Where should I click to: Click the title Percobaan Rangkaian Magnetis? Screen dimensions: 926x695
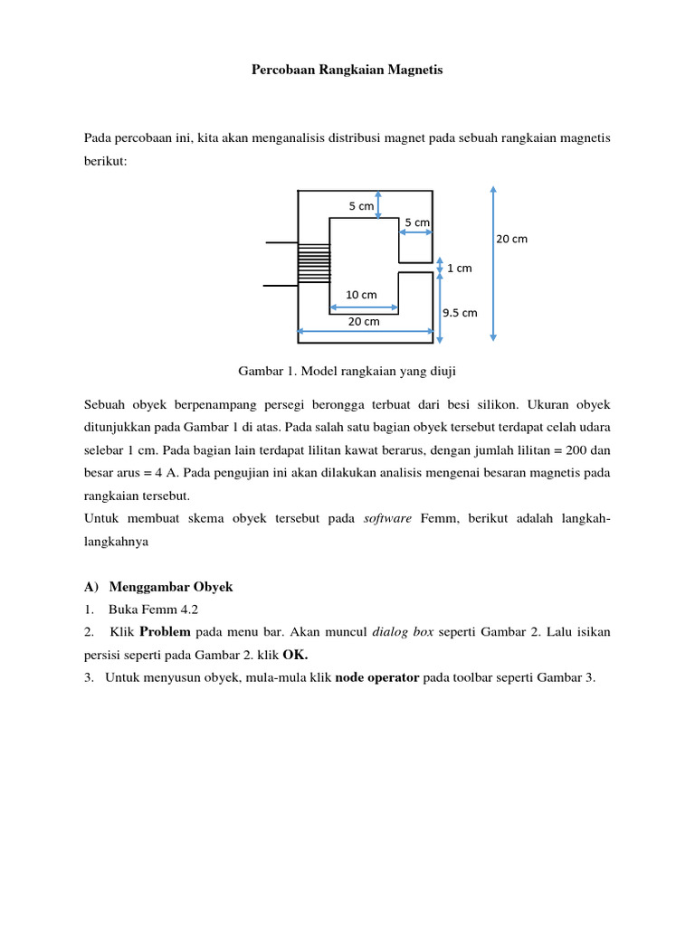[347, 70]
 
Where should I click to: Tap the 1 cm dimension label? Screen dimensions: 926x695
[460, 268]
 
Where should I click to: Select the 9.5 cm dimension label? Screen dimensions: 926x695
[459, 313]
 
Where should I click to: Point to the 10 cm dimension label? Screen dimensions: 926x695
[361, 295]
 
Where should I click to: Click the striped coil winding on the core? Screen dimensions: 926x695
[314, 263]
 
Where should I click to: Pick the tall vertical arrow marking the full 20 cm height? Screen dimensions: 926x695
[492, 262]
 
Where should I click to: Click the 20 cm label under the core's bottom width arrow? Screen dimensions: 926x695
[365, 321]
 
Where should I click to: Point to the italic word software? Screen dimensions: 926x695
[388, 517]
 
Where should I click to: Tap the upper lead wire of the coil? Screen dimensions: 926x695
[281, 242]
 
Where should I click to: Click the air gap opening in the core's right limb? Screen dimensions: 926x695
[415, 268]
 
